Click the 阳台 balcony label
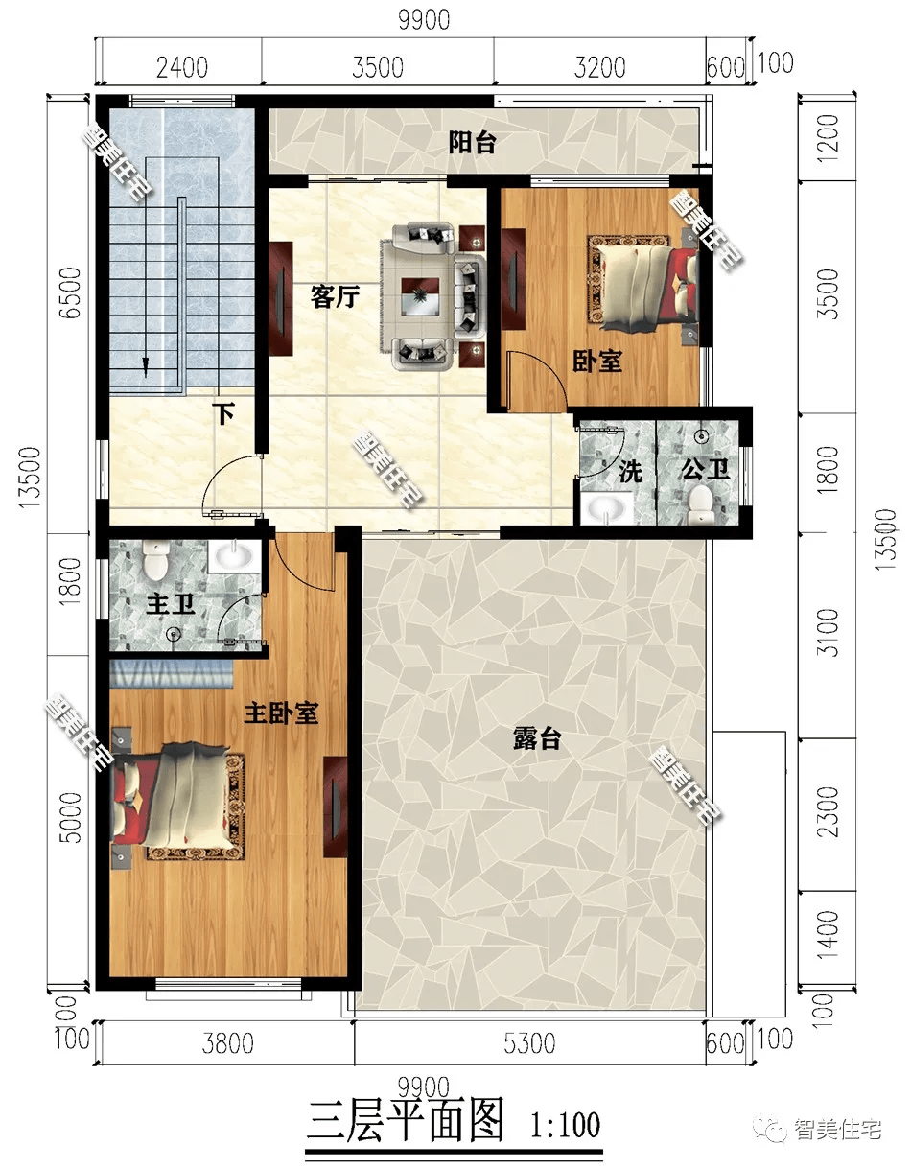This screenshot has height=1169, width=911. click(x=472, y=143)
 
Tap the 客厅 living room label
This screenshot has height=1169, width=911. click(x=335, y=296)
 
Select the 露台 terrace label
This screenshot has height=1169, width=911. click(x=537, y=738)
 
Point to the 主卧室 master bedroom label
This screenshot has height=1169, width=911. click(x=281, y=713)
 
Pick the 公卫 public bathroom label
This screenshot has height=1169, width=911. click(x=705, y=470)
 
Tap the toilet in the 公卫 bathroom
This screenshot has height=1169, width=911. click(x=700, y=504)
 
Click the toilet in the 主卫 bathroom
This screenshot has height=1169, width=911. click(x=155, y=561)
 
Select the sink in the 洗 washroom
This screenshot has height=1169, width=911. click(x=607, y=506)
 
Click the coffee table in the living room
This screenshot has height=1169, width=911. click(x=420, y=296)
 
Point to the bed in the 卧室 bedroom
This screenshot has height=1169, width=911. click(x=642, y=283)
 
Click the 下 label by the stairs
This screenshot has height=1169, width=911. click(x=223, y=413)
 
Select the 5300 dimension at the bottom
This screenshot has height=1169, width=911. click(x=529, y=1043)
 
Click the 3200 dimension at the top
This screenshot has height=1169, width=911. click(x=599, y=68)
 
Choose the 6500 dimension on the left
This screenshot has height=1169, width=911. click(x=70, y=292)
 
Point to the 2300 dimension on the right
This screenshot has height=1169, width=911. click(x=828, y=812)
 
